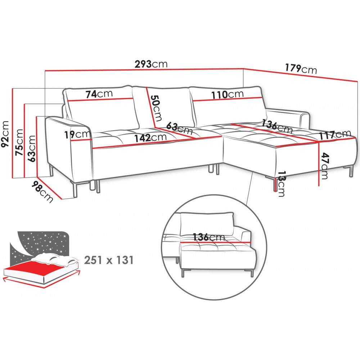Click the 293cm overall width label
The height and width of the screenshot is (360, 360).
tap(151, 64)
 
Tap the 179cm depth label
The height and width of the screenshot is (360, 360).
tap(301, 69)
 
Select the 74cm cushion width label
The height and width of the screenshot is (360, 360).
tap(99, 94)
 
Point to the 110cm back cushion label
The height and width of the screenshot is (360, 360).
tap(227, 94)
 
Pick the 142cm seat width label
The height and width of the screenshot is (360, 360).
tap(150, 138)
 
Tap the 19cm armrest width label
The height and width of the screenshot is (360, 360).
tap(77, 135)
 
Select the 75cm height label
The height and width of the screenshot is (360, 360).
tap(19, 142)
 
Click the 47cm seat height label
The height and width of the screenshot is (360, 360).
tap(325, 166)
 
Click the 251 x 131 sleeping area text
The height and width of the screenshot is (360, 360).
tap(109, 260)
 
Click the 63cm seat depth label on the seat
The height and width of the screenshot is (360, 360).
tap(179, 129)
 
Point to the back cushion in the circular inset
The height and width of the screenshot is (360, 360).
tap(207, 224)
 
